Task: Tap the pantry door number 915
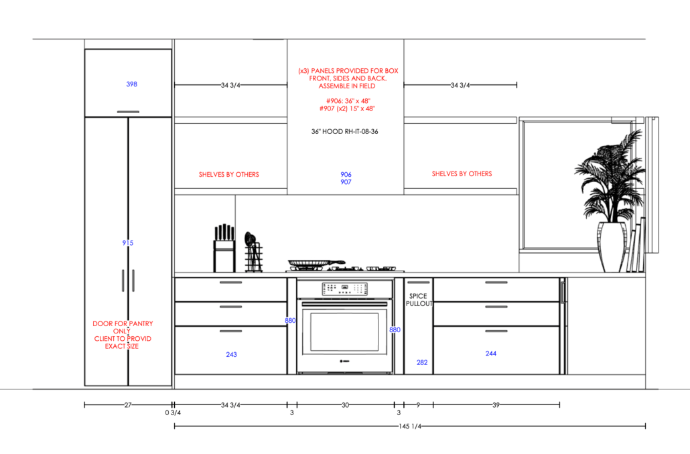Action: click(x=128, y=243)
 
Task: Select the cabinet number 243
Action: click(x=231, y=354)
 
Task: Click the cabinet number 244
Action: click(x=491, y=353)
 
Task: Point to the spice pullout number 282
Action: click(x=422, y=362)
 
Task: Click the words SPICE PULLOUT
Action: click(x=419, y=299)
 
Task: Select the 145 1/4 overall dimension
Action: click(x=409, y=426)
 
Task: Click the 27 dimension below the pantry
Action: click(x=128, y=405)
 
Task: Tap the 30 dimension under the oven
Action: click(x=345, y=405)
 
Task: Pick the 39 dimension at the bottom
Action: click(x=496, y=405)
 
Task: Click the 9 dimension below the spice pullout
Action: click(x=418, y=405)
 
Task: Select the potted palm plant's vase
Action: click(x=612, y=248)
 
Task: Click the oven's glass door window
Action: click(x=344, y=331)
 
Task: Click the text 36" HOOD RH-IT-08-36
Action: click(x=345, y=133)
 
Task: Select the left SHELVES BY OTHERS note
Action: click(x=228, y=175)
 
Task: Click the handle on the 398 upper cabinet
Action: click(x=128, y=112)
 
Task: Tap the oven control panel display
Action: click(x=344, y=289)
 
